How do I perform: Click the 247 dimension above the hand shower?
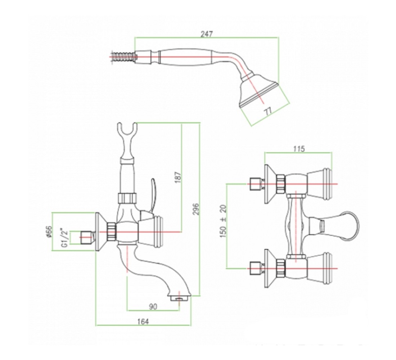(x=207, y=34)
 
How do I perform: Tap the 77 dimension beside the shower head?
(x=269, y=111)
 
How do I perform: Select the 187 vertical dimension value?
(x=178, y=177)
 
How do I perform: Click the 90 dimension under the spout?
(x=153, y=306)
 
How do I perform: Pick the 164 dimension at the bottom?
(x=143, y=321)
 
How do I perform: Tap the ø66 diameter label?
(x=49, y=231)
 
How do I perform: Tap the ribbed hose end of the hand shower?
(x=122, y=57)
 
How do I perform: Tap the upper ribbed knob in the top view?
(x=319, y=184)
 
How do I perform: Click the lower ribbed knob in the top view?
(x=319, y=268)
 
